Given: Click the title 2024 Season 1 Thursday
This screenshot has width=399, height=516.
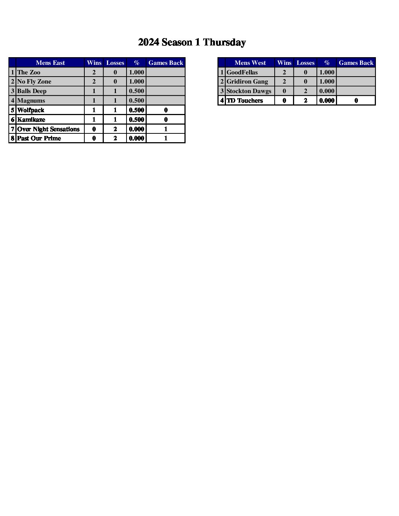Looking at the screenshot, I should point(192,43).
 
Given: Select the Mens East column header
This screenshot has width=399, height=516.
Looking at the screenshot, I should point(50,63).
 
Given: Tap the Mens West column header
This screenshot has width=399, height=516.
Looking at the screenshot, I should point(250,63).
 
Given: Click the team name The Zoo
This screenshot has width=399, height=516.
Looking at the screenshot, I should point(29,72).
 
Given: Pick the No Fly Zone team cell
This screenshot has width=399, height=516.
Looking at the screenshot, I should point(34,82).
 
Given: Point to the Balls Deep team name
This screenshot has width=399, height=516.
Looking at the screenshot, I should point(32,91).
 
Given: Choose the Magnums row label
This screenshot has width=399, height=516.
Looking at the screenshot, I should point(31,100).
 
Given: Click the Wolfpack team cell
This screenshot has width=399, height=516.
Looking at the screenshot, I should point(31,110).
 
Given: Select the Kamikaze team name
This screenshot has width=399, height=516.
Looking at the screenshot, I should point(31,119).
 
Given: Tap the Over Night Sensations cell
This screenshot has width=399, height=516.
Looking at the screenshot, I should point(48,129).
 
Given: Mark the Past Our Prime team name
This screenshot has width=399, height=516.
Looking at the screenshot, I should point(39,138).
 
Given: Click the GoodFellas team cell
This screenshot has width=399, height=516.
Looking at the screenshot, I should point(242,72).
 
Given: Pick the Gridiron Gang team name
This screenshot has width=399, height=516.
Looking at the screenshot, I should point(247,82).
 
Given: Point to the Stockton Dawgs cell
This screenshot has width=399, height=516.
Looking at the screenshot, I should point(249,91).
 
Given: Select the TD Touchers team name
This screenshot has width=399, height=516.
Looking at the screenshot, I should point(245,100).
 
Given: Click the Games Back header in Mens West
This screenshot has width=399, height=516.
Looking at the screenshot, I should point(356,63).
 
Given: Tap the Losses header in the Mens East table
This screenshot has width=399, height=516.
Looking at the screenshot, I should point(115,63).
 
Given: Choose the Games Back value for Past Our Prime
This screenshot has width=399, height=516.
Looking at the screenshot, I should point(166,138).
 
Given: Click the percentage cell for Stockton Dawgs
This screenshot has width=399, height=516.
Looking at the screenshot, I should point(327,91).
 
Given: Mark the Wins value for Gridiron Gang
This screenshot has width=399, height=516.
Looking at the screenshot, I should point(284,82).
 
